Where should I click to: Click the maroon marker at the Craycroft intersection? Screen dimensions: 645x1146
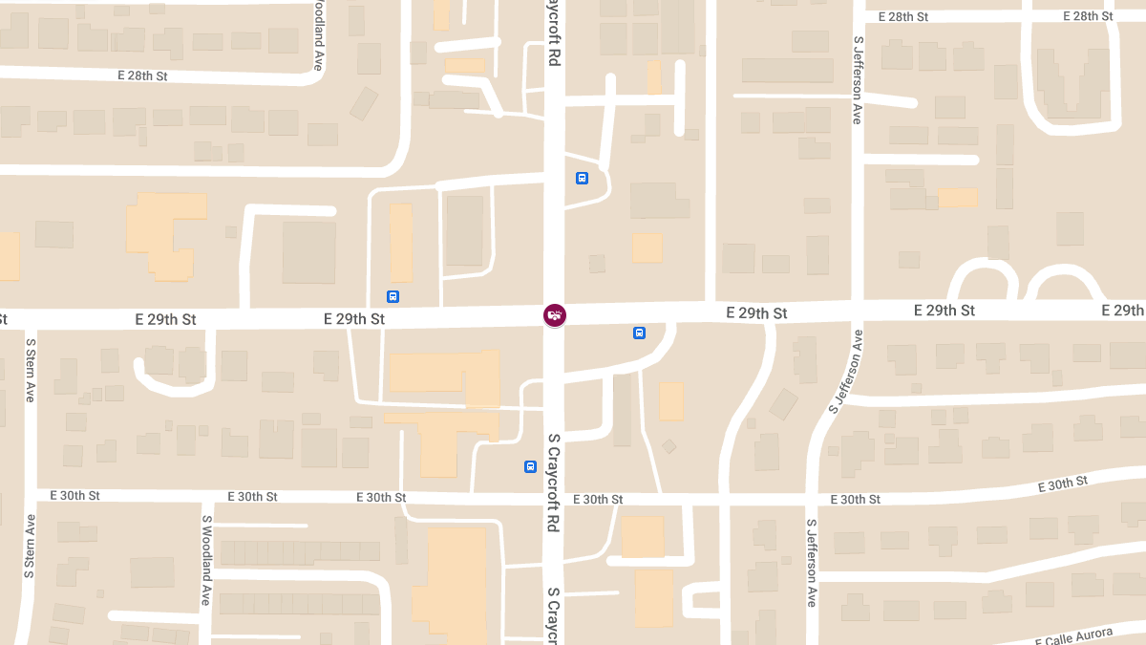coord(554,314)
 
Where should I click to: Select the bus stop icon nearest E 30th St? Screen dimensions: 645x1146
coord(530,466)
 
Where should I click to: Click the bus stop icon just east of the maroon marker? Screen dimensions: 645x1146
coord(639,333)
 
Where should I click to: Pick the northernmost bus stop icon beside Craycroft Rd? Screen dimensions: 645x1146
coord(582,178)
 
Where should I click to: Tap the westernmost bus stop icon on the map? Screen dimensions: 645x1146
coord(393,296)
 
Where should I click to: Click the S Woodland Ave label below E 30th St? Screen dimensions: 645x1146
coord(206,560)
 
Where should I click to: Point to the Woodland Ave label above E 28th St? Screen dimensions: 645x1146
coord(317,35)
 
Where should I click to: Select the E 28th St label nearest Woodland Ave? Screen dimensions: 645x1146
coord(142,75)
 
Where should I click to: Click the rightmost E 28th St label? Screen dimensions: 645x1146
coord(1086,16)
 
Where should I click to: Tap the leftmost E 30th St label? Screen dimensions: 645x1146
coord(74,495)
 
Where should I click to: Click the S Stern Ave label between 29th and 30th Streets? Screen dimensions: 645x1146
coord(30,370)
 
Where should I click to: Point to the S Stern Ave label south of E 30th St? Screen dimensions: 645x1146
coord(31,546)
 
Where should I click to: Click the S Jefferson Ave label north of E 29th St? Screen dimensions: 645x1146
coord(858,81)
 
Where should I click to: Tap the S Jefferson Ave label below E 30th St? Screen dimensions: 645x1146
coord(812,563)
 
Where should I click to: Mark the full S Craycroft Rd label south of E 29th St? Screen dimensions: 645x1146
coord(553,484)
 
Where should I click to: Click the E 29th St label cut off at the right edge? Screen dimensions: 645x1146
coord(1123,311)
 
